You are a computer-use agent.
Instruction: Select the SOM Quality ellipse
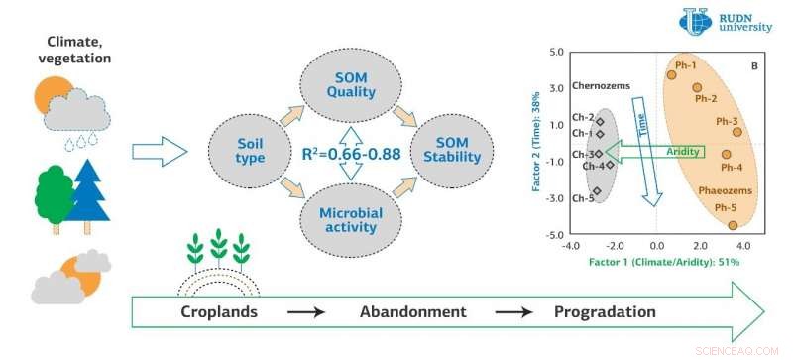[352, 86]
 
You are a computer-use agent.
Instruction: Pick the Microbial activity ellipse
[352, 219]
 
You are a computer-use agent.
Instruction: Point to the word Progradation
[604, 311]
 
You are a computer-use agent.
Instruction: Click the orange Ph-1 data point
[671, 73]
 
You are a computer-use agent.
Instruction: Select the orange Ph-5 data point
[733, 225]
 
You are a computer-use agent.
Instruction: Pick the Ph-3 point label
[726, 121]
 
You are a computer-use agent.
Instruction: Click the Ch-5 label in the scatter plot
[583, 198]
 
